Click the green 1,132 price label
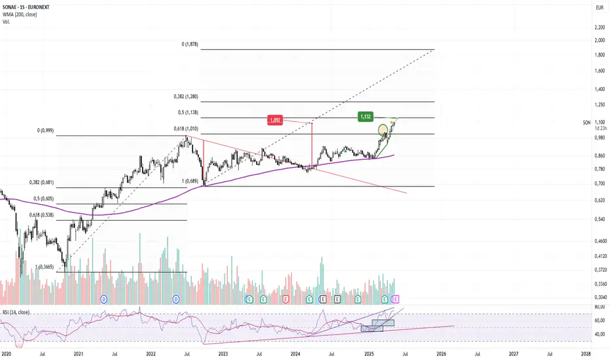tap(366, 117)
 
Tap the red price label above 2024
tap(276, 120)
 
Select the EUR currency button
tap(598, 7)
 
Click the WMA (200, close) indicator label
tap(21, 15)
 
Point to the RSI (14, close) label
tap(20, 312)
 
